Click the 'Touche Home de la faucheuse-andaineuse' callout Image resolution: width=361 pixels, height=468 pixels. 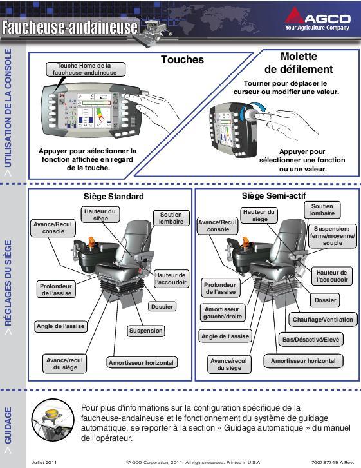(x=86, y=69)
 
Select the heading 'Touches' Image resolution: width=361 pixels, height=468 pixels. (x=183, y=59)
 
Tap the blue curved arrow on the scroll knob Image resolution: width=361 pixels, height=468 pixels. (x=257, y=108)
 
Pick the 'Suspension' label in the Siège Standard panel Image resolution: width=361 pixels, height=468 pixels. (x=146, y=331)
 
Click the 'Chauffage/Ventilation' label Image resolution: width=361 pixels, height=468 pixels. (x=323, y=320)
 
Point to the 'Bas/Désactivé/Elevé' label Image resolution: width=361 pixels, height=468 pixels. (x=311, y=339)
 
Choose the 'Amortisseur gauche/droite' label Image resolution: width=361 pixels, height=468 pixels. (x=223, y=313)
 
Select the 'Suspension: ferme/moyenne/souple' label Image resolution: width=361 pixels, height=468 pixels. (x=333, y=236)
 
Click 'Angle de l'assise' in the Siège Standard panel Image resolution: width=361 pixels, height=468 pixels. (x=60, y=326)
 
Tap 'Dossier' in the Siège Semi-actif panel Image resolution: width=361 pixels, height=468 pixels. (x=326, y=300)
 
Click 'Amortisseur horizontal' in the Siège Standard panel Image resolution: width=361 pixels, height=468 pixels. (x=142, y=363)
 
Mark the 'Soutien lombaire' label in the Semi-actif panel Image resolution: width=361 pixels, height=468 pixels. (x=322, y=210)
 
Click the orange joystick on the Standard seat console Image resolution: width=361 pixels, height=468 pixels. (x=92, y=242)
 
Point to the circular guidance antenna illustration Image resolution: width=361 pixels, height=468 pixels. (x=53, y=420)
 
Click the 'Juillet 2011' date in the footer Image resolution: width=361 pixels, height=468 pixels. (x=44, y=462)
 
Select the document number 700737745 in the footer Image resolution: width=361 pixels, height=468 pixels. (x=325, y=462)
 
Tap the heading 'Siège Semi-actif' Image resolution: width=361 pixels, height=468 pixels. (x=273, y=196)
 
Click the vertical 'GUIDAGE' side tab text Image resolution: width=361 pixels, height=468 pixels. (x=8, y=425)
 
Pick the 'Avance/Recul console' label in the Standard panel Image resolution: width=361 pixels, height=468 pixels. (x=53, y=228)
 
